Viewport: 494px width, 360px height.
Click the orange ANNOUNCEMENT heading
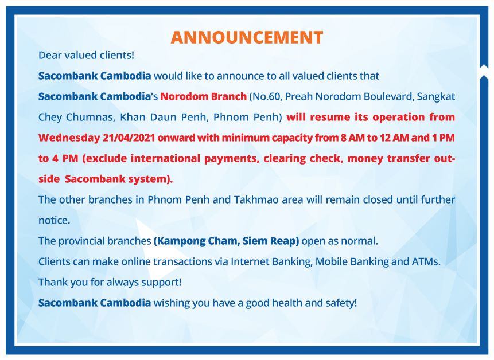[247, 37]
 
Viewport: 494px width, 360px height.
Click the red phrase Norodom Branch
[204, 96]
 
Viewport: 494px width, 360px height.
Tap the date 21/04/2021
[129, 138]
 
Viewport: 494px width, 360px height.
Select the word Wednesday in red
[69, 138]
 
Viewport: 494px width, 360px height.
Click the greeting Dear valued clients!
[86, 56]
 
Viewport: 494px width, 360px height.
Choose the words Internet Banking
[271, 262]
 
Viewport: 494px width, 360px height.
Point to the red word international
[165, 158]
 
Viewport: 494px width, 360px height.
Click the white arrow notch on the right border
[484, 72]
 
